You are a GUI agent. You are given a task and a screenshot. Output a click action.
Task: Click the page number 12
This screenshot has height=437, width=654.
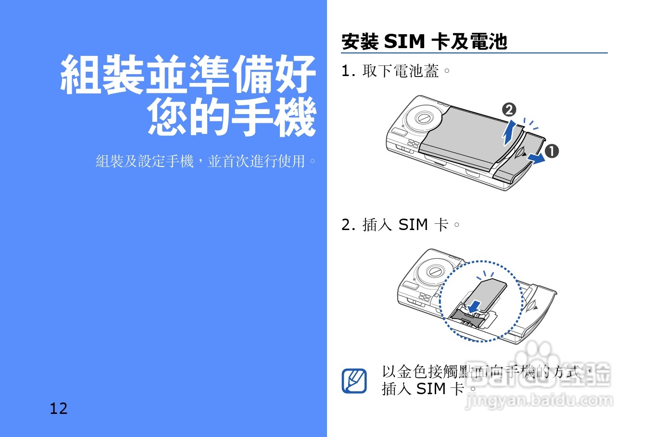coord(59,409)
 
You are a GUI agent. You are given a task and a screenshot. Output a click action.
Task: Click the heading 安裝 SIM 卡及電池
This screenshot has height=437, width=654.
coord(424,42)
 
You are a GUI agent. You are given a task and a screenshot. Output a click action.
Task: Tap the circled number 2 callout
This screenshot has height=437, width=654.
coord(509,110)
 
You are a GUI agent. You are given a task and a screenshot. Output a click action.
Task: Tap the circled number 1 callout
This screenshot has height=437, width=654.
coord(552,151)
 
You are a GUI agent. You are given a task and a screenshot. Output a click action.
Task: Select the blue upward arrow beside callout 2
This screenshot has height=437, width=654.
coord(509,133)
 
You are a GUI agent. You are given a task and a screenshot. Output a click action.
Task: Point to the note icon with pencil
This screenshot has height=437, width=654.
coord(354,381)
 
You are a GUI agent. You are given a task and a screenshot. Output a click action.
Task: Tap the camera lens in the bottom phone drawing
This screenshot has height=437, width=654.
coord(435,271)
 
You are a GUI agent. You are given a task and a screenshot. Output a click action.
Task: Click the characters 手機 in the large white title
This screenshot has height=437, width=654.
coord(274,117)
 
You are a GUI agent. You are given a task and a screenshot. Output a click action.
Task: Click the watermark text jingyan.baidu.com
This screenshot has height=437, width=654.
coord(539,400)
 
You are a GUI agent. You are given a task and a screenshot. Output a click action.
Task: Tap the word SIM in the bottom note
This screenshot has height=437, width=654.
coord(431,389)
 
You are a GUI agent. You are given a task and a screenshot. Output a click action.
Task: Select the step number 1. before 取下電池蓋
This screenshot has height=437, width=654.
coord(348,71)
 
